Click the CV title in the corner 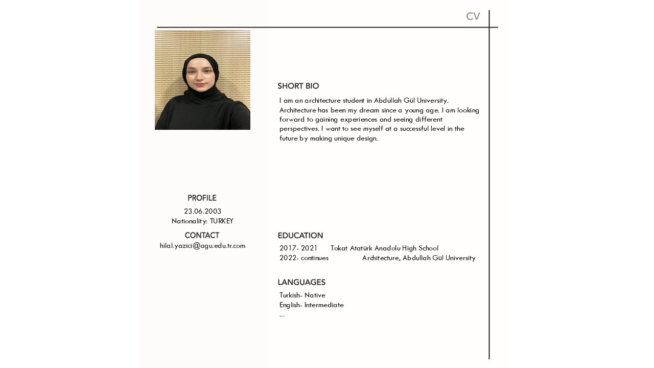click(x=473, y=16)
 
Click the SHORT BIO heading click(x=298, y=86)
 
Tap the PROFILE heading click(x=202, y=198)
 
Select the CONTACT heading click(x=202, y=236)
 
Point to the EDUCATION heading click(x=300, y=236)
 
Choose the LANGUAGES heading click(x=301, y=283)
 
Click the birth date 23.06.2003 click(x=202, y=211)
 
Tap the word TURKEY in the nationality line click(x=221, y=221)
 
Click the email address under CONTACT click(x=202, y=246)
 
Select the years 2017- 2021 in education click(x=298, y=248)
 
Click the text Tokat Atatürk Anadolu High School click(x=384, y=248)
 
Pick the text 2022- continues click(x=304, y=258)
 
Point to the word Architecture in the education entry click(x=380, y=258)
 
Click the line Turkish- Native click(x=302, y=295)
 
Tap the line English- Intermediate click(x=312, y=305)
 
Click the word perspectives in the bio click(x=299, y=129)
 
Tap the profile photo click(x=202, y=80)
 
